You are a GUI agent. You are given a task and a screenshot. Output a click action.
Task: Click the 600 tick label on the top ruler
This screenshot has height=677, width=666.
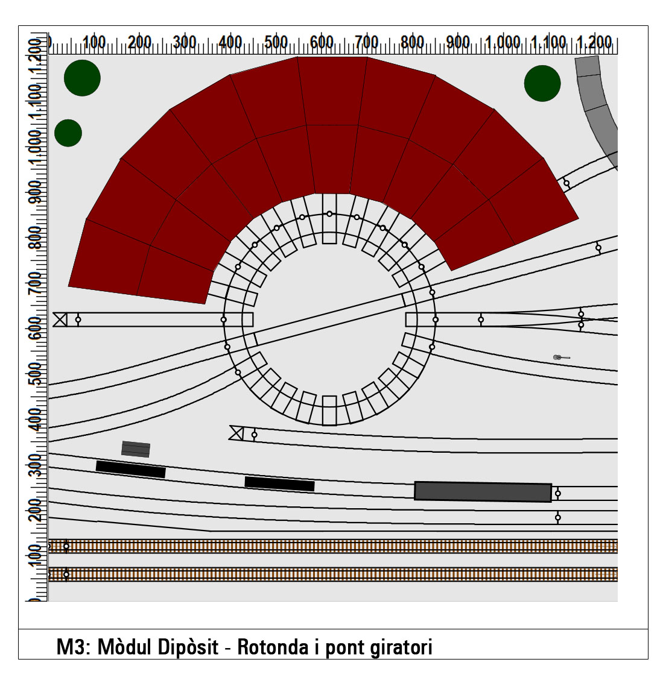pyautogui.click(x=322, y=42)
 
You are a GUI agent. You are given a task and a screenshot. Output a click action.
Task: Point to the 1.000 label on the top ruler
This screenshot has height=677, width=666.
pyautogui.click(x=503, y=42)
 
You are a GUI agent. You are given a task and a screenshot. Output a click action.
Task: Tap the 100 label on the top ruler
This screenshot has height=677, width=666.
pyautogui.click(x=94, y=42)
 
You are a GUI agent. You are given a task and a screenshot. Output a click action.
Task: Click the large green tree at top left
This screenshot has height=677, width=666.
pyautogui.click(x=82, y=78)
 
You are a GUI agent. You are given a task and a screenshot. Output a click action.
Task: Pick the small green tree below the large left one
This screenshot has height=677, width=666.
pyautogui.click(x=68, y=133)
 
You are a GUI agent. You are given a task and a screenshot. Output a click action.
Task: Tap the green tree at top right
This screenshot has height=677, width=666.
pyautogui.click(x=542, y=83)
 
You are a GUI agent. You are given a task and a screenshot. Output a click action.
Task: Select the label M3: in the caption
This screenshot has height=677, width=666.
pyautogui.click(x=73, y=647)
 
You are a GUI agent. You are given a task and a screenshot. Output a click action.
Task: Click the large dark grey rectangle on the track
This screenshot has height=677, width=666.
pyautogui.click(x=483, y=491)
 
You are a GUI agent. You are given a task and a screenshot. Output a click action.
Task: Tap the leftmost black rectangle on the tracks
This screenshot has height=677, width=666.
pyautogui.click(x=130, y=469)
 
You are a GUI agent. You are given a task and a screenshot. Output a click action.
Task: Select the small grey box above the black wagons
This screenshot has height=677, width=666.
pyautogui.click(x=136, y=449)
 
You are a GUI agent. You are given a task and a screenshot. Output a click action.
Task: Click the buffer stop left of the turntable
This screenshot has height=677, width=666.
pyautogui.click(x=60, y=320)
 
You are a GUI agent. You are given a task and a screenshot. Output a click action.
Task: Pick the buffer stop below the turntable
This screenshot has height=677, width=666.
pyautogui.click(x=236, y=433)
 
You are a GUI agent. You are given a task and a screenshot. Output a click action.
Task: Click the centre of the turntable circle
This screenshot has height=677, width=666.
pyautogui.click(x=329, y=319)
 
